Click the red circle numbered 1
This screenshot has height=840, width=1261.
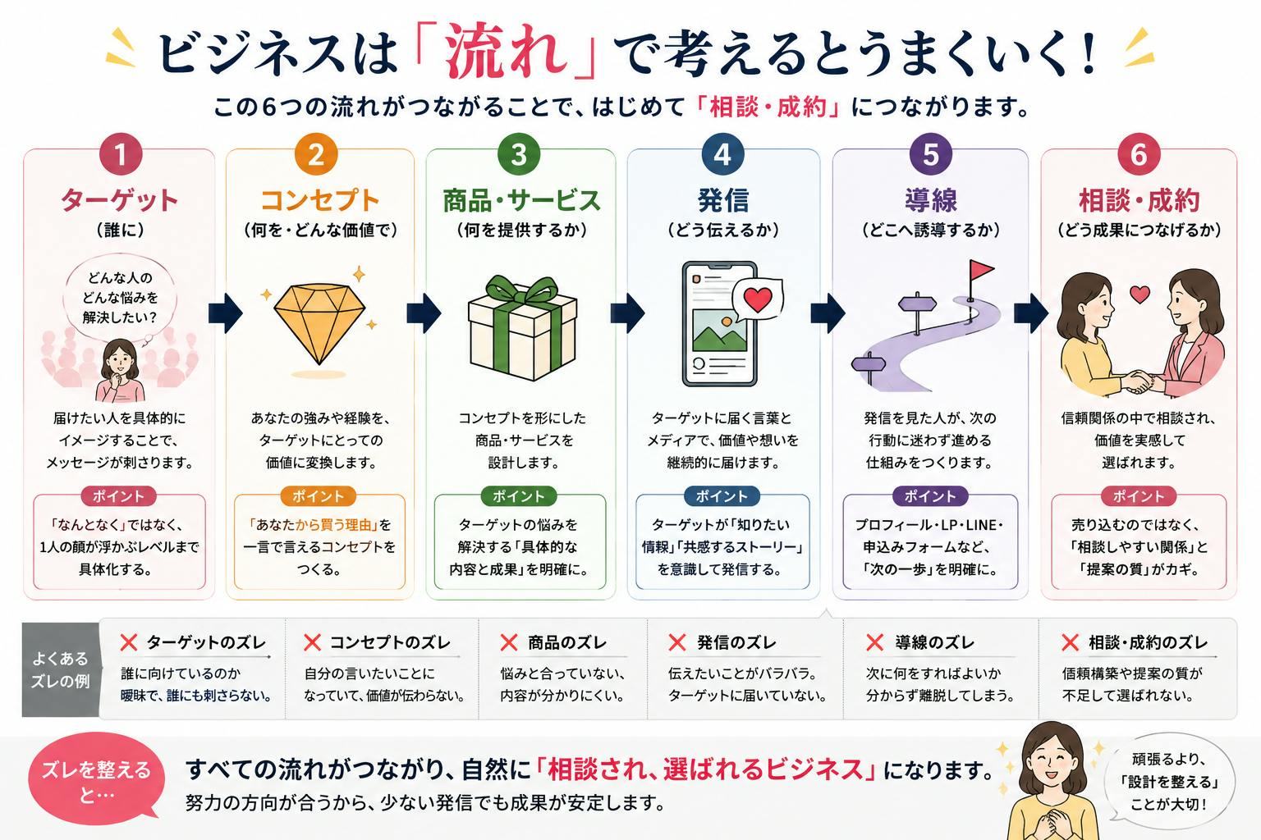click(121, 154)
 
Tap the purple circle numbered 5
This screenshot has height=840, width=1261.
click(930, 154)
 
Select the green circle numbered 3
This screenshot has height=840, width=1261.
click(519, 154)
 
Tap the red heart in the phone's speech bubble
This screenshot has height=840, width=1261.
click(758, 299)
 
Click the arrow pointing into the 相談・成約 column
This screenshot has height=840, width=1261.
click(1031, 313)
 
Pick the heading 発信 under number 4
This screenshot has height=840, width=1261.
click(722, 200)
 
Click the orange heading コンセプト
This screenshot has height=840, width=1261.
click(319, 200)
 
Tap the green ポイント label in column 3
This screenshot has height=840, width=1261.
click(519, 496)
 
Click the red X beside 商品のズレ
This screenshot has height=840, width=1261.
click(508, 642)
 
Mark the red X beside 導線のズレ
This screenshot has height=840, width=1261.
click(875, 642)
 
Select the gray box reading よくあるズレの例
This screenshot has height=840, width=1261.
click(61, 669)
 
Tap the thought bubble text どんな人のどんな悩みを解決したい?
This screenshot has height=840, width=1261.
click(120, 297)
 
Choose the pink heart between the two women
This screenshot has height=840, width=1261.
click(1140, 294)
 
